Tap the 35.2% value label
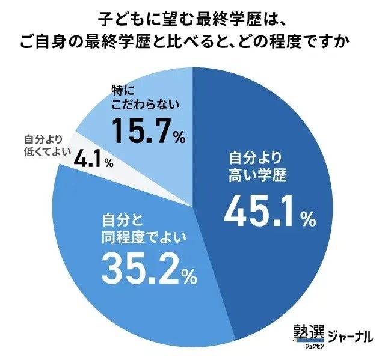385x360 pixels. coord(141,268)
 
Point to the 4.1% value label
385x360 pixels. coord(89,160)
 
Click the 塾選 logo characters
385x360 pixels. coord(308,331)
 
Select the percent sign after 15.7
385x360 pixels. coord(179,137)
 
